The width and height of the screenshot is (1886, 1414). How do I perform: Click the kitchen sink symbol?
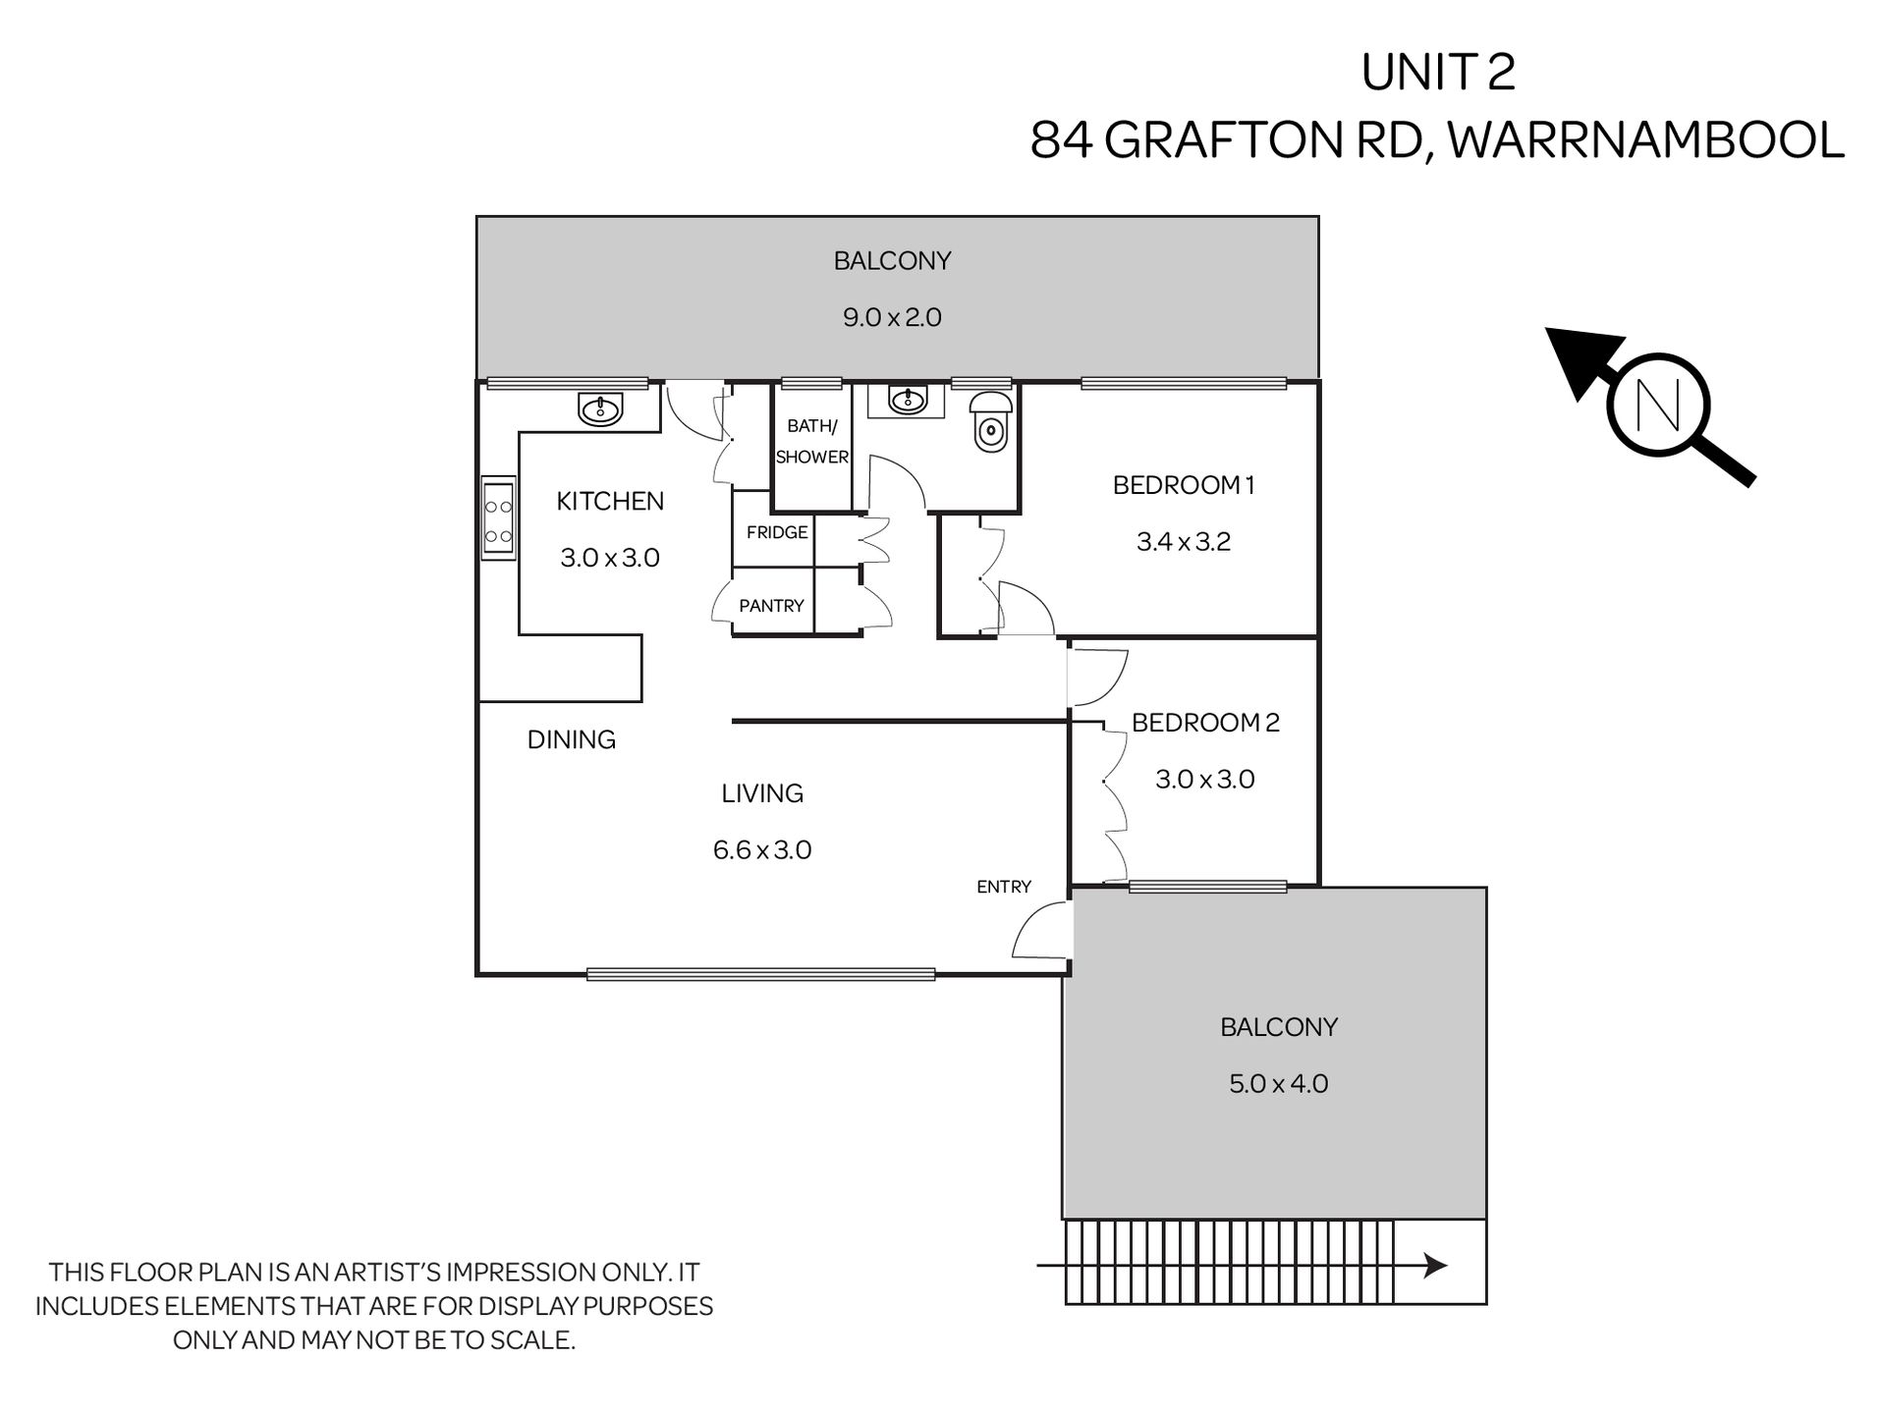point(600,408)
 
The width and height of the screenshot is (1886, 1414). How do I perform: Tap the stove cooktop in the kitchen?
point(499,519)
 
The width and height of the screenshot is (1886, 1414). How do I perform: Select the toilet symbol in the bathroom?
point(989,422)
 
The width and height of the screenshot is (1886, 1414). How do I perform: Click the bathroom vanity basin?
point(908,400)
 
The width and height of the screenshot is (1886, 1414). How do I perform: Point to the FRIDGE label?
point(777,532)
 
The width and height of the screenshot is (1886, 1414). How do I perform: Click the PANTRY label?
point(771,606)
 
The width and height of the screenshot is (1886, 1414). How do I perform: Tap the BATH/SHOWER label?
point(811,441)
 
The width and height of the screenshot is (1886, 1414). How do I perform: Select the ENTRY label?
point(1004,887)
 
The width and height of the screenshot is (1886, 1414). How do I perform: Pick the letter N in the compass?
point(1658,405)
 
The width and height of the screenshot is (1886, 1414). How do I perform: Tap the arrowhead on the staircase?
point(1435,1266)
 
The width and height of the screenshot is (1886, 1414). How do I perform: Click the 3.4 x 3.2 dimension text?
point(1184,542)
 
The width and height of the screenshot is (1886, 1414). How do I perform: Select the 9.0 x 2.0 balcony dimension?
point(892,317)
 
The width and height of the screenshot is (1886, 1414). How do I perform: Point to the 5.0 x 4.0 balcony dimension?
point(1279,1084)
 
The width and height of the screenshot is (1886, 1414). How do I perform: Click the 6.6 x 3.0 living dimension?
point(762,850)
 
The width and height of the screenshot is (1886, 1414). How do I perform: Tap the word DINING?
point(572,739)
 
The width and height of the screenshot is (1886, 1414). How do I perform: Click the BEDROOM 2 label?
point(1205,723)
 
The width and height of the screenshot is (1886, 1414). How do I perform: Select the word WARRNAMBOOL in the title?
point(1646,139)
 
